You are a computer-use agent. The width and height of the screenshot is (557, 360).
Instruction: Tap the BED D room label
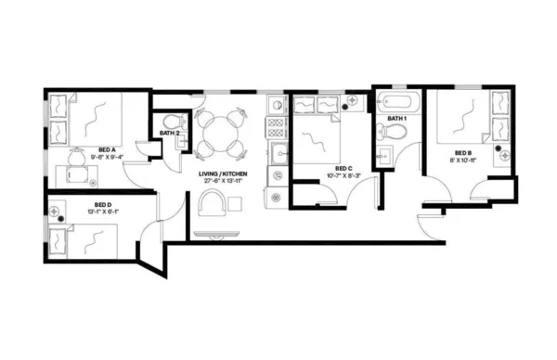tap(103, 204)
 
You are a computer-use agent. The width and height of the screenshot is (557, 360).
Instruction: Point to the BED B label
tap(464, 152)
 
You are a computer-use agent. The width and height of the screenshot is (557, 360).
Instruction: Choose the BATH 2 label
tap(169, 134)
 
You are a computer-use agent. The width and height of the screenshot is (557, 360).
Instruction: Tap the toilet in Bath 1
tap(395, 137)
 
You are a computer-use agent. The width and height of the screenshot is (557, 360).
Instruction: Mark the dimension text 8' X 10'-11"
tap(464, 161)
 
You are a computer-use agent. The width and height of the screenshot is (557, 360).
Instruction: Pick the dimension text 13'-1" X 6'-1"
tap(103, 212)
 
